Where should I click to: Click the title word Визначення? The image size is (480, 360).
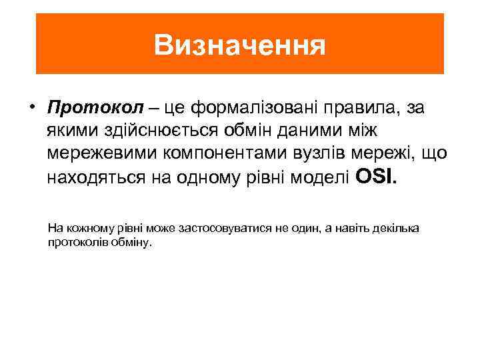pyautogui.click(x=239, y=45)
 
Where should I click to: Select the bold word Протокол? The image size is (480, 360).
pyautogui.click(x=91, y=107)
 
